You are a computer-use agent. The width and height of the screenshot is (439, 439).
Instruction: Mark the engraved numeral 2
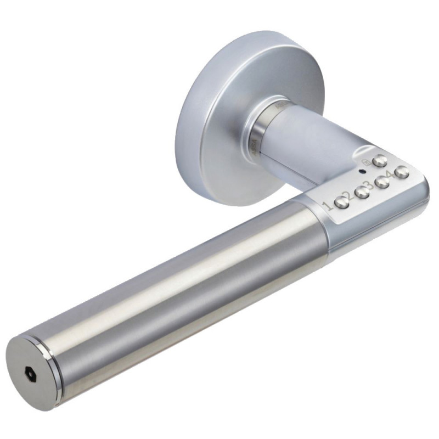pos(347,195)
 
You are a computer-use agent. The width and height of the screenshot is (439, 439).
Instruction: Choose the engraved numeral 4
pos(390,176)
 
